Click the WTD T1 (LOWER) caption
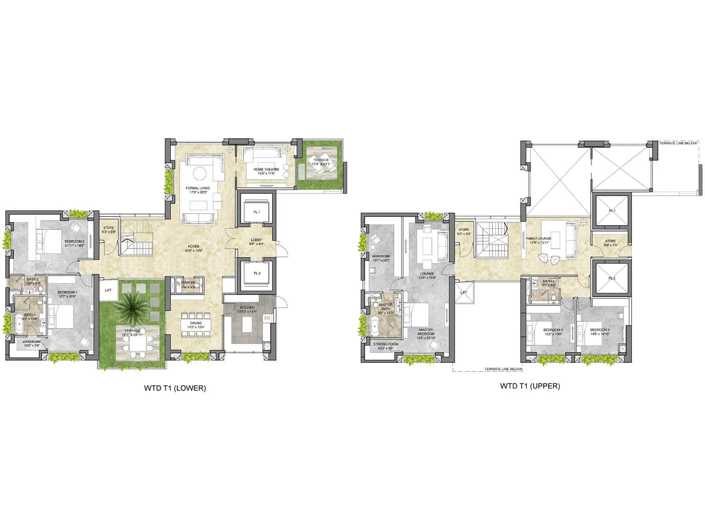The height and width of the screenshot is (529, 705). pos(175,388)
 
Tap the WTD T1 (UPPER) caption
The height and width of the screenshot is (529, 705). pos(530,386)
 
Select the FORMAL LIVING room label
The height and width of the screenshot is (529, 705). pos(198,188)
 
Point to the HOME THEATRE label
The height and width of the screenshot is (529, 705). pos(266,169)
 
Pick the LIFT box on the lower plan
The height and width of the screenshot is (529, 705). pos(108,291)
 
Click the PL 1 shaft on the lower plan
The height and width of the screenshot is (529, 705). pos(256,212)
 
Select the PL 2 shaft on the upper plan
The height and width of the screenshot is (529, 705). pos(612,278)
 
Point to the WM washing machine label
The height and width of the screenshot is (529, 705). pos(267,318)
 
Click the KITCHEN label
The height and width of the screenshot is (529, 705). pos(247,308)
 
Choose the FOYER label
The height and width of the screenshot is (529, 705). pos(193,246)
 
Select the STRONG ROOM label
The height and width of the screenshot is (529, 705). pos(386,344)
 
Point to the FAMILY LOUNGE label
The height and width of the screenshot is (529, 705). pos(538,238)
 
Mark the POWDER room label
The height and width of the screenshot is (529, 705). pos(188,283)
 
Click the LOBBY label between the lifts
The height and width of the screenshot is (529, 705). pos(256,240)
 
